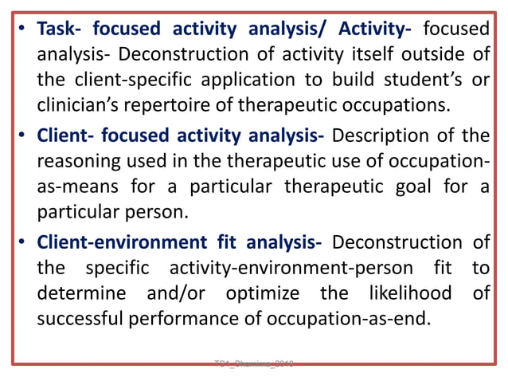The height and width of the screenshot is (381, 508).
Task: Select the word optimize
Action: coord(263,293)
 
